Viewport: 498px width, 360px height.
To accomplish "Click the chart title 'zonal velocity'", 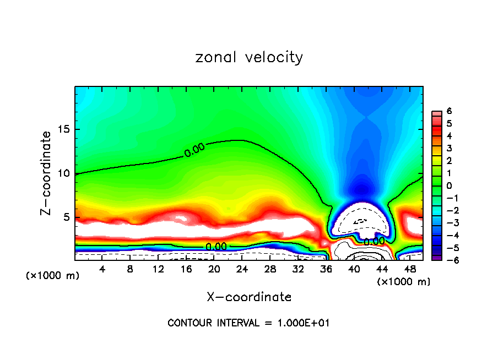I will [249, 57].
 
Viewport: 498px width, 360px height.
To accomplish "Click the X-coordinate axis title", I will [249, 297].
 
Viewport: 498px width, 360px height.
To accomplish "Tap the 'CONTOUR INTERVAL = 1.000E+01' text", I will [248, 323].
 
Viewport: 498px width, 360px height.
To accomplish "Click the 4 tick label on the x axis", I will [102, 269].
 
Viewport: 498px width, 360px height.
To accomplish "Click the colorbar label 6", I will [449, 111].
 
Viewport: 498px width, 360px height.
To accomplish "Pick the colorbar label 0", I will [449, 186].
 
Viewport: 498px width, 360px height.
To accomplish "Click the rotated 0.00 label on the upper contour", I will [194, 150].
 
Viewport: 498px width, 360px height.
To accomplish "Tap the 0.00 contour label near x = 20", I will [216, 246].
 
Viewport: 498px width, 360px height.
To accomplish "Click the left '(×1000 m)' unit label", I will [53, 276].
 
